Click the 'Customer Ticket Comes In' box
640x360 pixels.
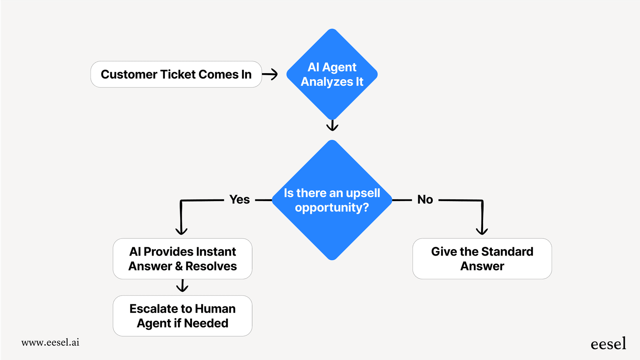[176, 74]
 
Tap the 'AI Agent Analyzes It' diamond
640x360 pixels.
[332, 74]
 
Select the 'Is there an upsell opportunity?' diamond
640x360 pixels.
[332, 200]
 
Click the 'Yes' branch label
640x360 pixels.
[239, 200]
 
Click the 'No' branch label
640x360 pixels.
[425, 200]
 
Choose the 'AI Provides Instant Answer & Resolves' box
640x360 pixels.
[182, 259]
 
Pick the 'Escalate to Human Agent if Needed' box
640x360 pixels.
[182, 316]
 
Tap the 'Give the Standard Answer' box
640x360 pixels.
[482, 259]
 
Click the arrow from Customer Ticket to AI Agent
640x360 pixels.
[270, 74]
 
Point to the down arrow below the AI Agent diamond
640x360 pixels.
[332, 126]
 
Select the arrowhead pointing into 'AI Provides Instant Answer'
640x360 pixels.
[181, 230]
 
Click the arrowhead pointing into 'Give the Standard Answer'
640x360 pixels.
[482, 230]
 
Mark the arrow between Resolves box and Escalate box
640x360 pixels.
[182, 286]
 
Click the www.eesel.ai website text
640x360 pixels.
[50, 342]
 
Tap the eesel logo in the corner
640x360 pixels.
[608, 344]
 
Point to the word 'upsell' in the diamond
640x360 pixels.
[363, 193]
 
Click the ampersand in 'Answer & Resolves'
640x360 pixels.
[179, 266]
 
